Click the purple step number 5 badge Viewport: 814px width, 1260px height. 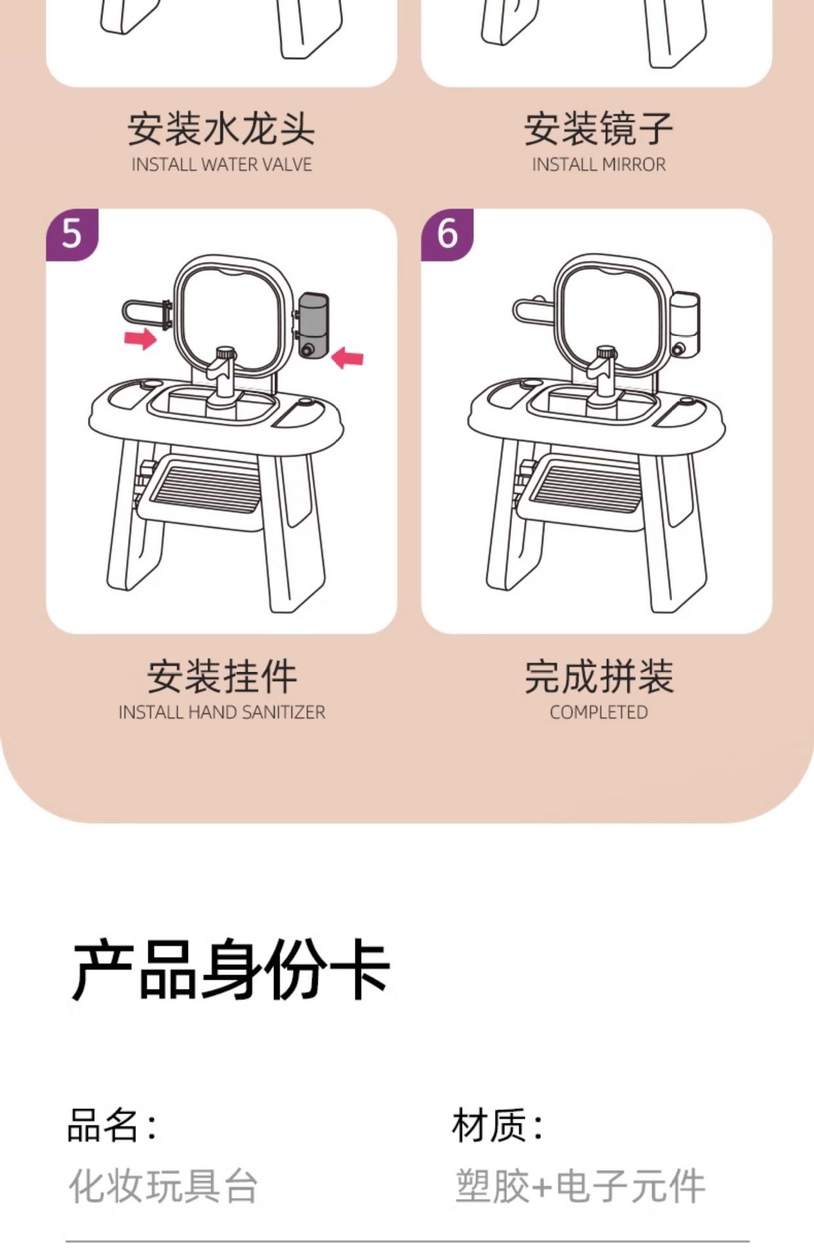click(71, 234)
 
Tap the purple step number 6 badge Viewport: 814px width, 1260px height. click(447, 234)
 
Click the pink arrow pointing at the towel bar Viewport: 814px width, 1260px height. click(140, 339)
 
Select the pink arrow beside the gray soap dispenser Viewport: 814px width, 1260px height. click(347, 358)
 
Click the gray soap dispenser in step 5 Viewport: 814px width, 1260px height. click(313, 325)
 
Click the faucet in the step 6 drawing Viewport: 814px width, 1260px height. click(602, 374)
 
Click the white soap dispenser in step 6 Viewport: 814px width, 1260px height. click(685, 322)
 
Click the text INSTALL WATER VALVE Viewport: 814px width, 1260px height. click(221, 165)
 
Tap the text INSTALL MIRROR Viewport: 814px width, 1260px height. click(598, 165)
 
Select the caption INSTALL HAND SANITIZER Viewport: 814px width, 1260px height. click(221, 712)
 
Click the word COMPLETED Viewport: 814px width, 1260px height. click(598, 712)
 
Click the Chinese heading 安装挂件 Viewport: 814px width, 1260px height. click(221, 677)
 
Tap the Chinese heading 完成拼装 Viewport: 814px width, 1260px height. click(598, 677)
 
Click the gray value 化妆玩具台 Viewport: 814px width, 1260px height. click(163, 1186)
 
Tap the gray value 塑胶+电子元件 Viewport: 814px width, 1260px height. click(580, 1186)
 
